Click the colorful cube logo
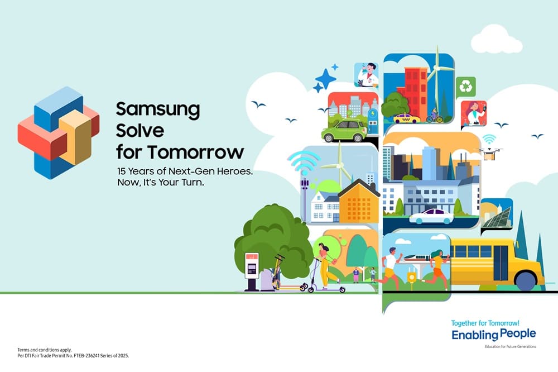[59, 132]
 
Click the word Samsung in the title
[158, 109]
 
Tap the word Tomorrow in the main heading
[196, 152]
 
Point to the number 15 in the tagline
[121, 171]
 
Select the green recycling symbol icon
[465, 87]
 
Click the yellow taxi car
[406, 118]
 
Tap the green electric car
[344, 130]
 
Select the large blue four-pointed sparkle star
[326, 79]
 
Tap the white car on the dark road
[431, 216]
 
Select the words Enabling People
[494, 335]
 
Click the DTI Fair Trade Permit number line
[73, 356]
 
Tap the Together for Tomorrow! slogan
[485, 323]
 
